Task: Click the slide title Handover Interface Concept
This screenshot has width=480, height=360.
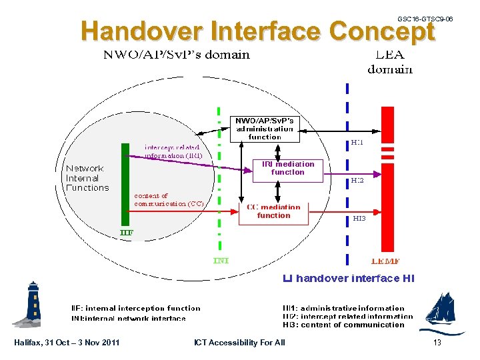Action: click(x=257, y=31)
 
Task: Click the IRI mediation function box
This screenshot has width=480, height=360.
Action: click(x=287, y=168)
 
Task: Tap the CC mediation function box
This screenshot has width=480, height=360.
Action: click(x=273, y=211)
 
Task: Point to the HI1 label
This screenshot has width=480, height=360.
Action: click(x=357, y=143)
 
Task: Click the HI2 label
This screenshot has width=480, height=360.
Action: click(x=358, y=180)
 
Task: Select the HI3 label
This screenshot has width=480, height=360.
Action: click(x=359, y=218)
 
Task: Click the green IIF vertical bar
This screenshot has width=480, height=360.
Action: click(x=125, y=184)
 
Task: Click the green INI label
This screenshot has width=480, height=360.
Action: click(x=221, y=260)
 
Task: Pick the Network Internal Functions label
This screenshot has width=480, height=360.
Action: click(x=87, y=178)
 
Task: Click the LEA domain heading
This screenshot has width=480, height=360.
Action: click(x=390, y=62)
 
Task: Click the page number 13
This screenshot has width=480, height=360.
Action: click(x=437, y=343)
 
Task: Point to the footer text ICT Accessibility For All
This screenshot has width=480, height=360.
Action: click(x=239, y=343)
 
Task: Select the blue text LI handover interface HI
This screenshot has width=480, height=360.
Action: click(x=348, y=278)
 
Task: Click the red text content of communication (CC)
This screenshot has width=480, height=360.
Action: click(x=169, y=200)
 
